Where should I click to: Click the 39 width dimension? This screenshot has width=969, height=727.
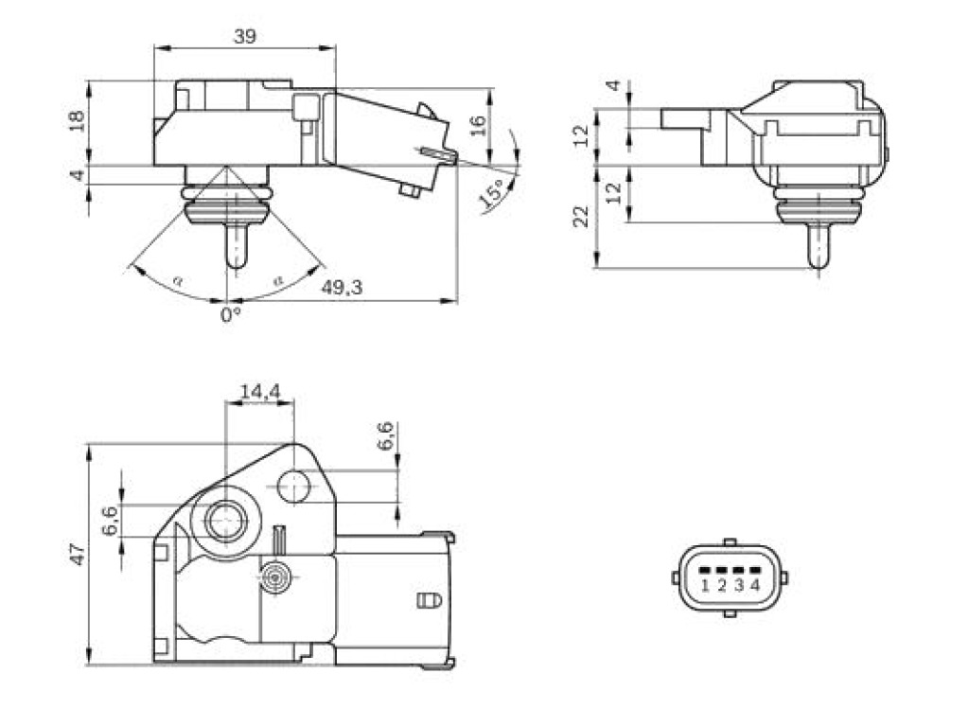tap(245, 37)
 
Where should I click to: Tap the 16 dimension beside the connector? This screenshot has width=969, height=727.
tap(478, 126)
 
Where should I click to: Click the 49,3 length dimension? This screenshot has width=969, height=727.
tap(342, 287)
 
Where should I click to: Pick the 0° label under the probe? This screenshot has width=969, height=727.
tap(231, 314)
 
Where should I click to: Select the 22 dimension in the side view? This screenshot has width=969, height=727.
tap(582, 217)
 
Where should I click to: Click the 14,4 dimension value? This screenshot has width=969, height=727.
tap(260, 391)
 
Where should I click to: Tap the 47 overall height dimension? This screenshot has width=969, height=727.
tap(78, 554)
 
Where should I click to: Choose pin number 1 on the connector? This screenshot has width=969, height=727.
tap(705, 584)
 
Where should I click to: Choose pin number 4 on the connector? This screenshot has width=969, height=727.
tap(754, 584)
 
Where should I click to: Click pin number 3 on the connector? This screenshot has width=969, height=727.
tap(738, 584)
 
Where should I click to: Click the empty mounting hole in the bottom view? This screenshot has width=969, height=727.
tap(293, 487)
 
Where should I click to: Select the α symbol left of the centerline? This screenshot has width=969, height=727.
tap(178, 280)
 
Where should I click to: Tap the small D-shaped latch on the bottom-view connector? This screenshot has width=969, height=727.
tap(430, 599)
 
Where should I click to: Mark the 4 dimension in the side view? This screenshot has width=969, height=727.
tap(613, 84)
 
